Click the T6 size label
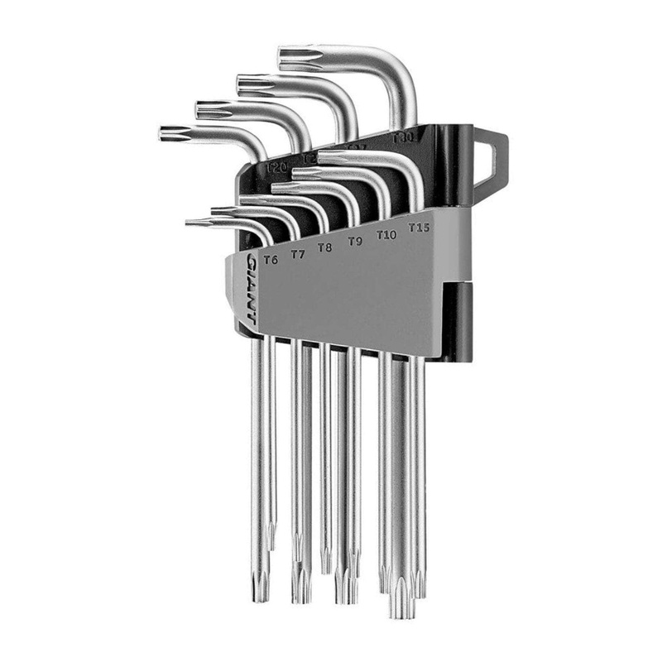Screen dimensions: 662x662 point(270,260)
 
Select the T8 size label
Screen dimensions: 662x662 point(325,247)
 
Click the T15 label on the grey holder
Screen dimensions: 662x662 point(418,227)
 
